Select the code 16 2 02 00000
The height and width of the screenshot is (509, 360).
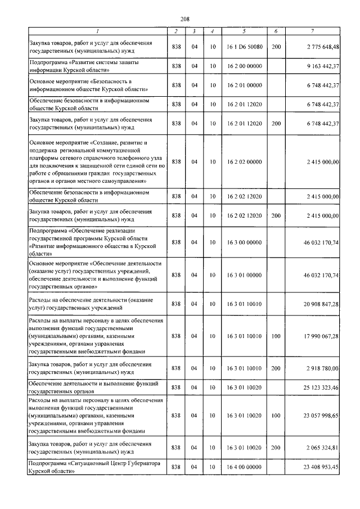point(245,161)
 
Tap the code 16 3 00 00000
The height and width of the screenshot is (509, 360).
point(245,242)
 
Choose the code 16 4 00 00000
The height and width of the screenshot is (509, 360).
point(245,467)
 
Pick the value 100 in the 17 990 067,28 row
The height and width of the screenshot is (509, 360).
point(276,336)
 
